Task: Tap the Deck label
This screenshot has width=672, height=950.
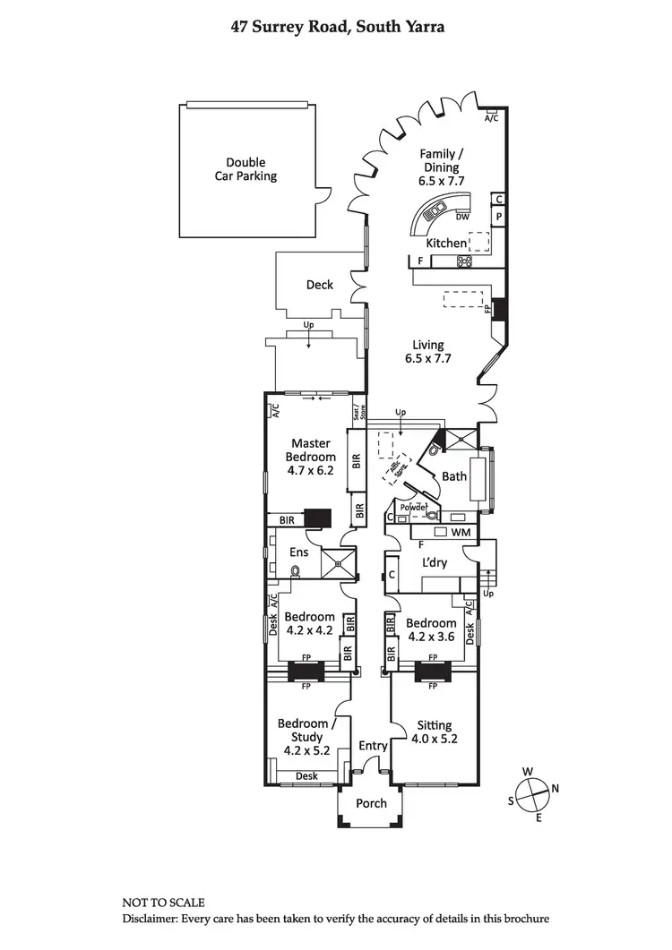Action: coord(320,285)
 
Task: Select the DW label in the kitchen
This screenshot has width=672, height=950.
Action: coord(462,217)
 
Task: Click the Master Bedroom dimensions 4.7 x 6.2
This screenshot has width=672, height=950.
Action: coord(309,470)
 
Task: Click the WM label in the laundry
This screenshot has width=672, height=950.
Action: coord(461,533)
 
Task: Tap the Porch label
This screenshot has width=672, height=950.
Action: coord(372,803)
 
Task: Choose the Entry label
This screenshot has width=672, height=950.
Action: coord(373,746)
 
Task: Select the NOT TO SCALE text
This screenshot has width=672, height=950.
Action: coord(163,903)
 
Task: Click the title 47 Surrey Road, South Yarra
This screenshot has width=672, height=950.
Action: coord(335,28)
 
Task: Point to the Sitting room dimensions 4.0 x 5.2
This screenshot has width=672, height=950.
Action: coord(434,739)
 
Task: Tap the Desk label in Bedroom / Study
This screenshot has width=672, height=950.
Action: coord(306,776)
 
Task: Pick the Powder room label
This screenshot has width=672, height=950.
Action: coord(413,507)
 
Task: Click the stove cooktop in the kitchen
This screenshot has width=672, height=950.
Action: coord(465,261)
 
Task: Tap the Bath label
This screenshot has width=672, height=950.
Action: coord(454,476)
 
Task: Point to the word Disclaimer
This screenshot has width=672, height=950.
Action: coord(150,919)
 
